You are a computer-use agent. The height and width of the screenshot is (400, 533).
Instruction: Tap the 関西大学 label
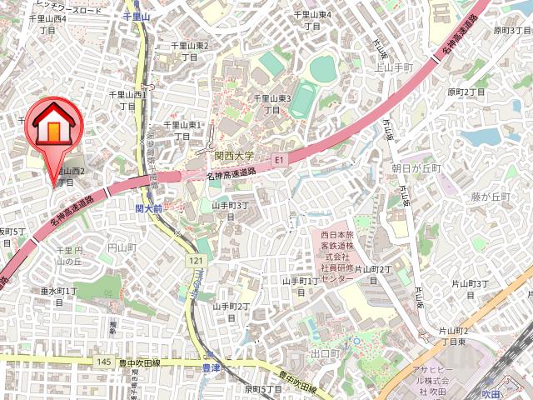click(234, 156)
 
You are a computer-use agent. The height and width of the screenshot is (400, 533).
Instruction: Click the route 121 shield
click(196, 262)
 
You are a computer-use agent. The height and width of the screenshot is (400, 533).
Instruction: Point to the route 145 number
click(103, 361)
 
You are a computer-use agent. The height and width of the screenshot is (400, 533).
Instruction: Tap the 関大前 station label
click(147, 208)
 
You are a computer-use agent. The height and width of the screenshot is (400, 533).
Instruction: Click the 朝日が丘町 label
click(416, 168)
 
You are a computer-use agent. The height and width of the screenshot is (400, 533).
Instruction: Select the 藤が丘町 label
click(490, 197)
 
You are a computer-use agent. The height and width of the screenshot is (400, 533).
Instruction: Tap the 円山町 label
click(122, 247)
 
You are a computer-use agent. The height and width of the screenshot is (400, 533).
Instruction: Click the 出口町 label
click(325, 354)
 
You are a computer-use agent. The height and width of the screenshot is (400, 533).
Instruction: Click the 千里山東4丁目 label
click(312, 21)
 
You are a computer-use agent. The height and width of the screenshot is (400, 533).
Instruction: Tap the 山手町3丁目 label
click(231, 212)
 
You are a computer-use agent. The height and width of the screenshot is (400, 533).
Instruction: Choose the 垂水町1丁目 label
click(59, 297)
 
